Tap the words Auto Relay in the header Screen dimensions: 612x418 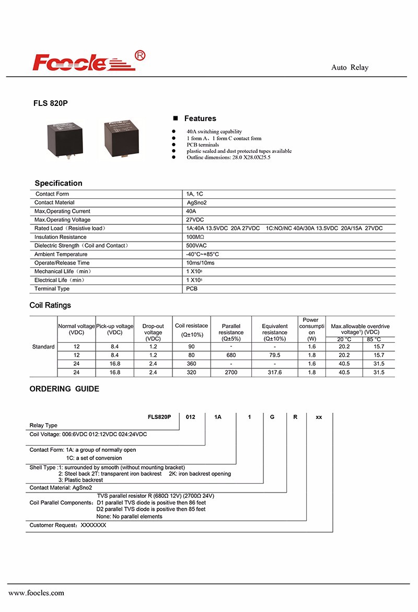coord(350,68)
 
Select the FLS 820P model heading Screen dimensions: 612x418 coord(51,103)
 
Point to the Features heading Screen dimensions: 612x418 coord(200,118)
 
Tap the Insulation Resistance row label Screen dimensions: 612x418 coord(60,237)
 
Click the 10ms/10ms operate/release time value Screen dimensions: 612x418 coord(200,263)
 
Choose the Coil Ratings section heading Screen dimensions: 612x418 coord(50,305)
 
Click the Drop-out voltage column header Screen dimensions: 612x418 coord(153,332)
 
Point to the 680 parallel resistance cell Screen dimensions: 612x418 coord(231,355)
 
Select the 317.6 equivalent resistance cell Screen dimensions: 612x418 coord(275,372)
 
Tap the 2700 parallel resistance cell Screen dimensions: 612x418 coord(231,372)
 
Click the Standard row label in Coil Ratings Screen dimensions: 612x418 coord(43,347)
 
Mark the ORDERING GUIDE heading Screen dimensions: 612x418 coord(64,389)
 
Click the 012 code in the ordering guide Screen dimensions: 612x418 coord(191,417)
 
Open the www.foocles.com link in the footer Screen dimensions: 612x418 coord(37,593)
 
